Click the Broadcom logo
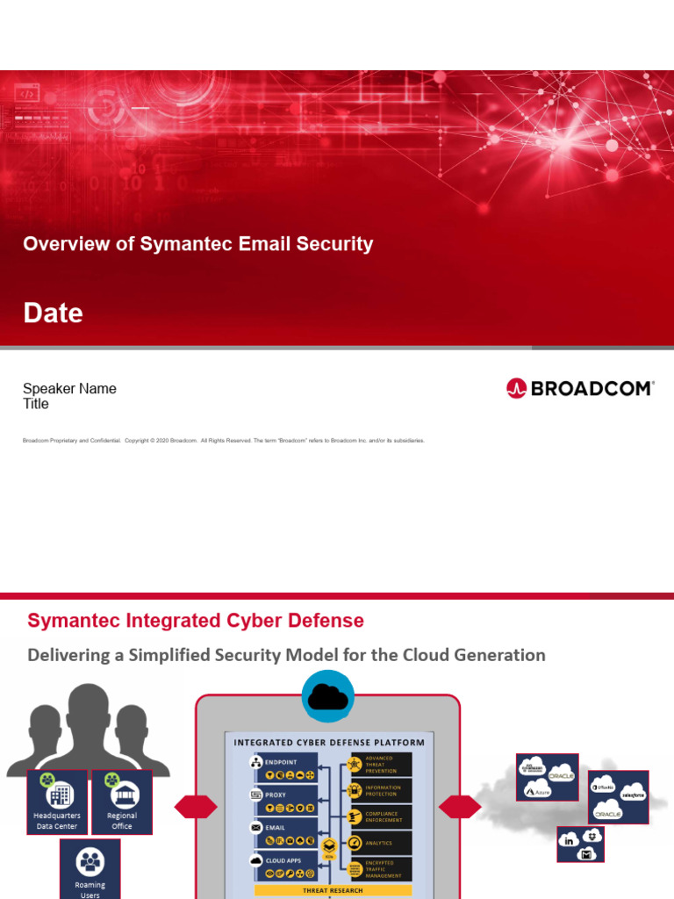click(x=580, y=388)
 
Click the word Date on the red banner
click(x=53, y=313)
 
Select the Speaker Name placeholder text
click(x=69, y=389)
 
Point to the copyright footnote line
click(x=224, y=441)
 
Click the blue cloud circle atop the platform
click(x=328, y=697)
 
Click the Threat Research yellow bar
click(x=328, y=889)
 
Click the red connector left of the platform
click(x=195, y=807)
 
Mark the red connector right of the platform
click(x=460, y=807)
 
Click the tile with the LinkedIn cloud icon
click(x=580, y=845)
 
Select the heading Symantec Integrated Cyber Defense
click(x=195, y=621)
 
